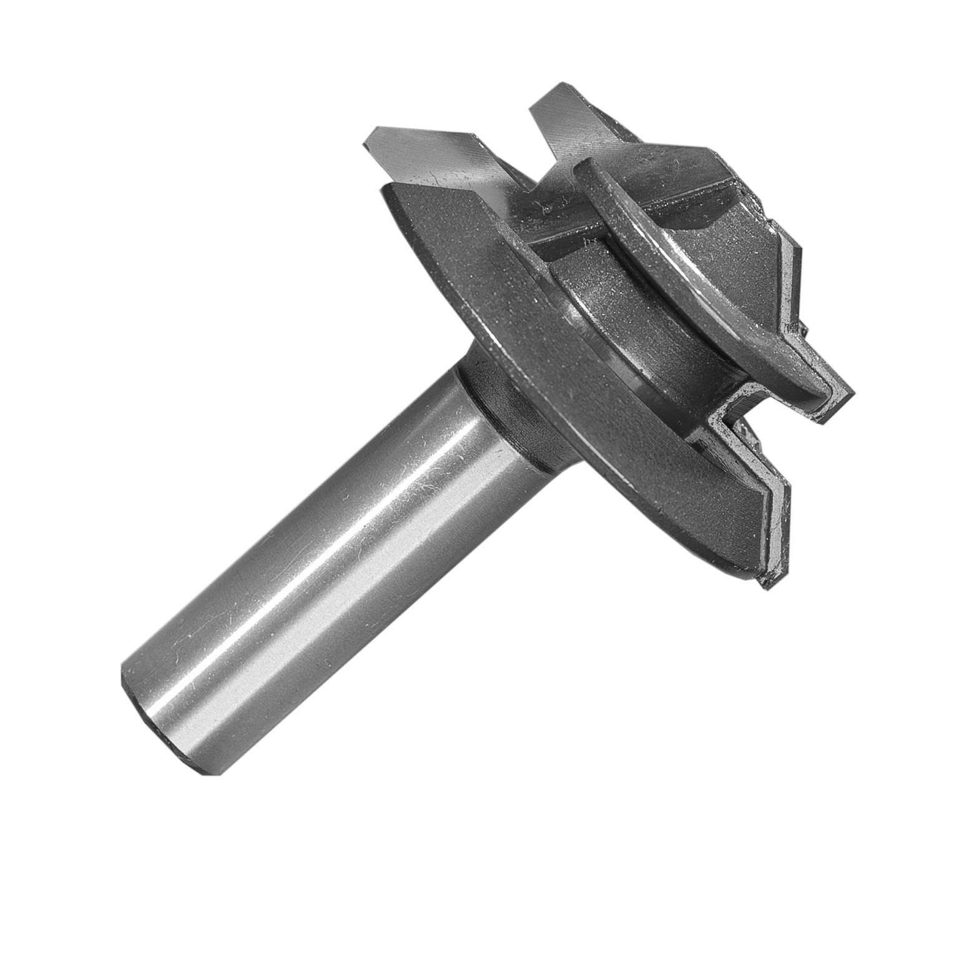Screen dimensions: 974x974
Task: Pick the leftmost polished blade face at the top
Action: click(431, 156)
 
